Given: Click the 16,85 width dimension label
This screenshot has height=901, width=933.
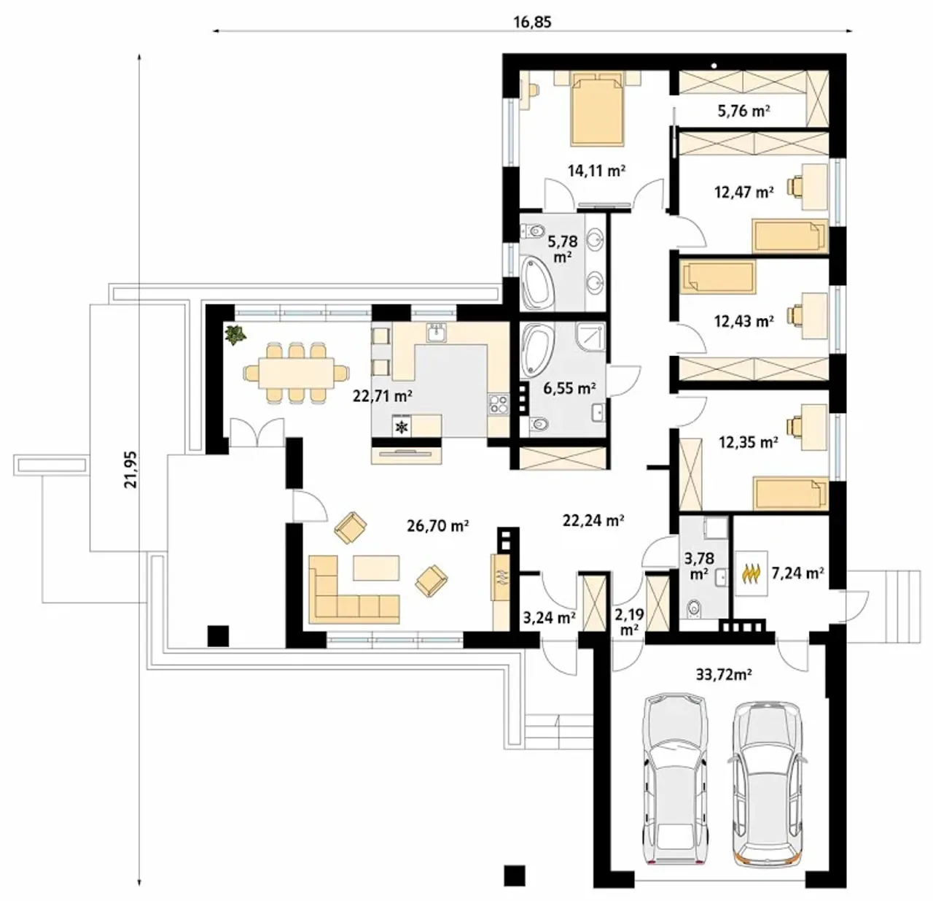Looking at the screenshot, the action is (x=532, y=22).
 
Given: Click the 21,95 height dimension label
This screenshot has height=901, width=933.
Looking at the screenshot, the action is (x=130, y=469).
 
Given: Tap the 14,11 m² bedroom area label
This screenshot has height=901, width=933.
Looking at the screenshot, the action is (x=596, y=170).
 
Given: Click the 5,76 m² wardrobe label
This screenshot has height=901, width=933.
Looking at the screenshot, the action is (x=743, y=111).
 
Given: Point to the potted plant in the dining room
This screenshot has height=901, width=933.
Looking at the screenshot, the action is (x=235, y=334).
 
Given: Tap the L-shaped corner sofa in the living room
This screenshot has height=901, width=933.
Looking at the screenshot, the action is (x=354, y=589).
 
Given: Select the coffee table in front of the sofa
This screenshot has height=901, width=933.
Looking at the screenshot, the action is (x=376, y=568).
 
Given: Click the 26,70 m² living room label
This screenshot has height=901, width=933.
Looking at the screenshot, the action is (x=438, y=526).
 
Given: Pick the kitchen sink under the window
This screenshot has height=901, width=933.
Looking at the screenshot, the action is (x=437, y=333).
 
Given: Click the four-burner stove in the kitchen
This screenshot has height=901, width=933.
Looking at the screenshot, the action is (x=498, y=404).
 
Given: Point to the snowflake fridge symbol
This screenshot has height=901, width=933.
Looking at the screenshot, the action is (x=402, y=426).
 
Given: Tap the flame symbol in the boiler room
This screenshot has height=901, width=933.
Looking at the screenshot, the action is (x=752, y=573).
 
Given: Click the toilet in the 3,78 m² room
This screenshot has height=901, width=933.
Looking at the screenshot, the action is (x=692, y=608).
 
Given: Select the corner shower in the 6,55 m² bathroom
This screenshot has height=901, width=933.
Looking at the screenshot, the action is (x=590, y=338).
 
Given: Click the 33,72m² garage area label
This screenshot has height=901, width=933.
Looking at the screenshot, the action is (x=724, y=675).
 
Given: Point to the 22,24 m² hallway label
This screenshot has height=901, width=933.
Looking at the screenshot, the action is (x=593, y=520).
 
